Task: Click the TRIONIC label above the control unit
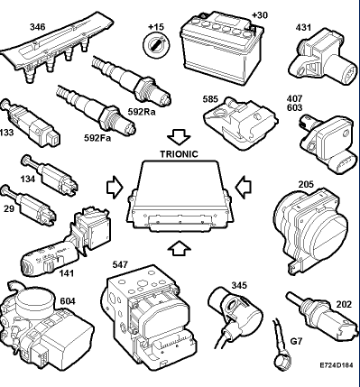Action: tap(179, 154)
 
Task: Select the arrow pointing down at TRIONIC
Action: tap(179, 137)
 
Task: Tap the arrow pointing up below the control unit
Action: tap(180, 248)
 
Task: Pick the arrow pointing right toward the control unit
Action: tap(115, 188)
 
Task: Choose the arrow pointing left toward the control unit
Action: tap(244, 188)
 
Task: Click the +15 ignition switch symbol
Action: tap(156, 45)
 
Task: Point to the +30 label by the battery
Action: tap(260, 15)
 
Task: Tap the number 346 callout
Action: tap(38, 27)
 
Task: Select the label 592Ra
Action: tap(142, 112)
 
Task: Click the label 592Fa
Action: tap(97, 138)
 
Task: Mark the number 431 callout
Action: tap(303, 27)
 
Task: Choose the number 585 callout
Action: tap(210, 99)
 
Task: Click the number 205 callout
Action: tap(306, 184)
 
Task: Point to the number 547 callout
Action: tap(120, 264)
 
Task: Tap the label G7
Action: tap(296, 341)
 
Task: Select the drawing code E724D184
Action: tap(337, 365)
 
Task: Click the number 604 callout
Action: tap(68, 301)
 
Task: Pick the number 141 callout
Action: tap(66, 273)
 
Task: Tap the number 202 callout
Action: tap(344, 305)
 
